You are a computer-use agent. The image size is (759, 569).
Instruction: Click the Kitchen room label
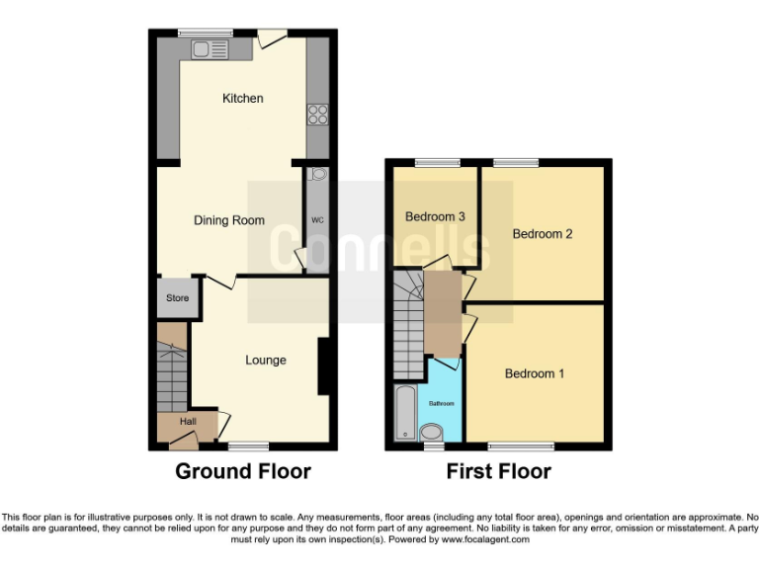(242, 98)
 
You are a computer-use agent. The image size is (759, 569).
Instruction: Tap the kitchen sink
(210, 49)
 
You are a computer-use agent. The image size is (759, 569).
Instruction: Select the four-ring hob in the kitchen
(317, 114)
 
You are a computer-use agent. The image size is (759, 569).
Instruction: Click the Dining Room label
(228, 220)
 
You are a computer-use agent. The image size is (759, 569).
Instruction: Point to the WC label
(317, 219)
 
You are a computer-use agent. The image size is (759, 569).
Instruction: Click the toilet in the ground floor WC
(317, 175)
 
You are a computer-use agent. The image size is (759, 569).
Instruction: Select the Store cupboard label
(177, 297)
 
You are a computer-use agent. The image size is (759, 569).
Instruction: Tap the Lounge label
(266, 361)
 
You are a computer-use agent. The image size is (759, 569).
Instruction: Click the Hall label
(187, 422)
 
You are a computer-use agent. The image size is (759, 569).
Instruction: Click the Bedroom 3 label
(435, 216)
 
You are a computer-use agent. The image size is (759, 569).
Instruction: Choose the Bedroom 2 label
(542, 234)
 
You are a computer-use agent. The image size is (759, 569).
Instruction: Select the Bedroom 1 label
(535, 373)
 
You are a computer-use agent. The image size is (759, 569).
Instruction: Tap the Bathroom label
(441, 404)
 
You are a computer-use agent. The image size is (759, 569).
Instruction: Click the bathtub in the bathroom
(404, 413)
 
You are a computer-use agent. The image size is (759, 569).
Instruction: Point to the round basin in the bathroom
(432, 432)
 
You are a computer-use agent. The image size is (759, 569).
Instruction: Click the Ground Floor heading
(243, 471)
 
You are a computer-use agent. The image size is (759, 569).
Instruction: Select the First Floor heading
(498, 471)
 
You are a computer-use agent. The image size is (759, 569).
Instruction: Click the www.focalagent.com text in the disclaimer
(484, 539)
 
